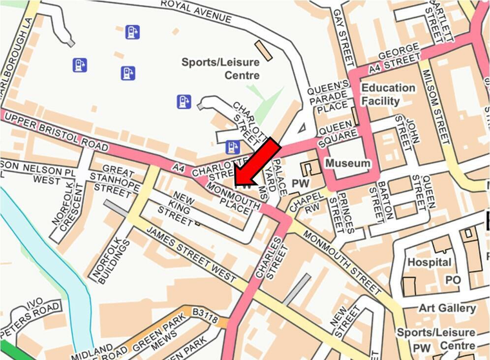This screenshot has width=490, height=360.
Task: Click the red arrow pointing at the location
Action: [256, 163]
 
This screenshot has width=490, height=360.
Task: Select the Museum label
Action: [348, 163]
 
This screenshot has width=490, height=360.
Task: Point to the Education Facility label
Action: [388, 94]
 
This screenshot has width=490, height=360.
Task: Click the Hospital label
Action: [429, 262]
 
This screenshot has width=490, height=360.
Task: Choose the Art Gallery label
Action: [447, 308]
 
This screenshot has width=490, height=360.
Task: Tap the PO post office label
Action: [453, 280]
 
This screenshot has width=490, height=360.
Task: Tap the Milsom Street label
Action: [436, 107]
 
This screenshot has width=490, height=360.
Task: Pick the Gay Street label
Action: [343, 37]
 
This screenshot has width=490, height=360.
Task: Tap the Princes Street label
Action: [341, 212]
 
